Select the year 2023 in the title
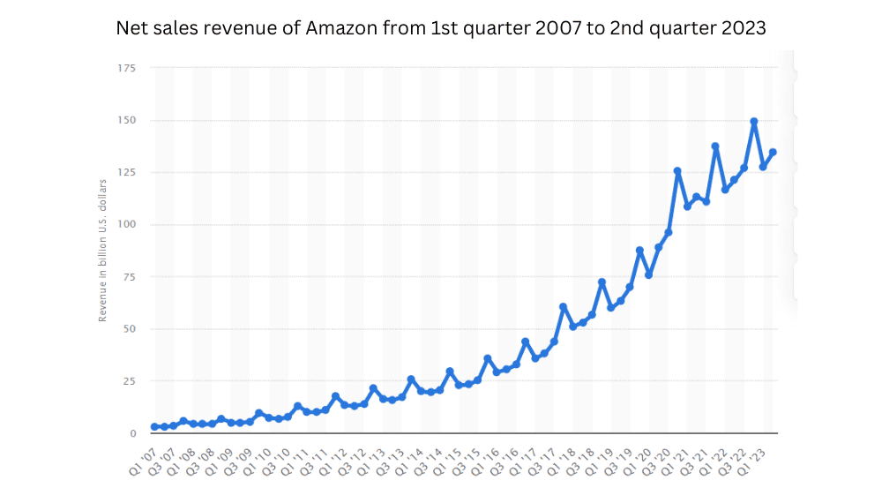tap(744, 28)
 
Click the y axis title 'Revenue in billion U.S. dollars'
tap(102, 250)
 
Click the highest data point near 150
tap(754, 122)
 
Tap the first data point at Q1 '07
tap(154, 426)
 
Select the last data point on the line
tap(773, 152)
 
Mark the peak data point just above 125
tap(677, 171)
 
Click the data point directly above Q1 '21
tap(687, 206)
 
